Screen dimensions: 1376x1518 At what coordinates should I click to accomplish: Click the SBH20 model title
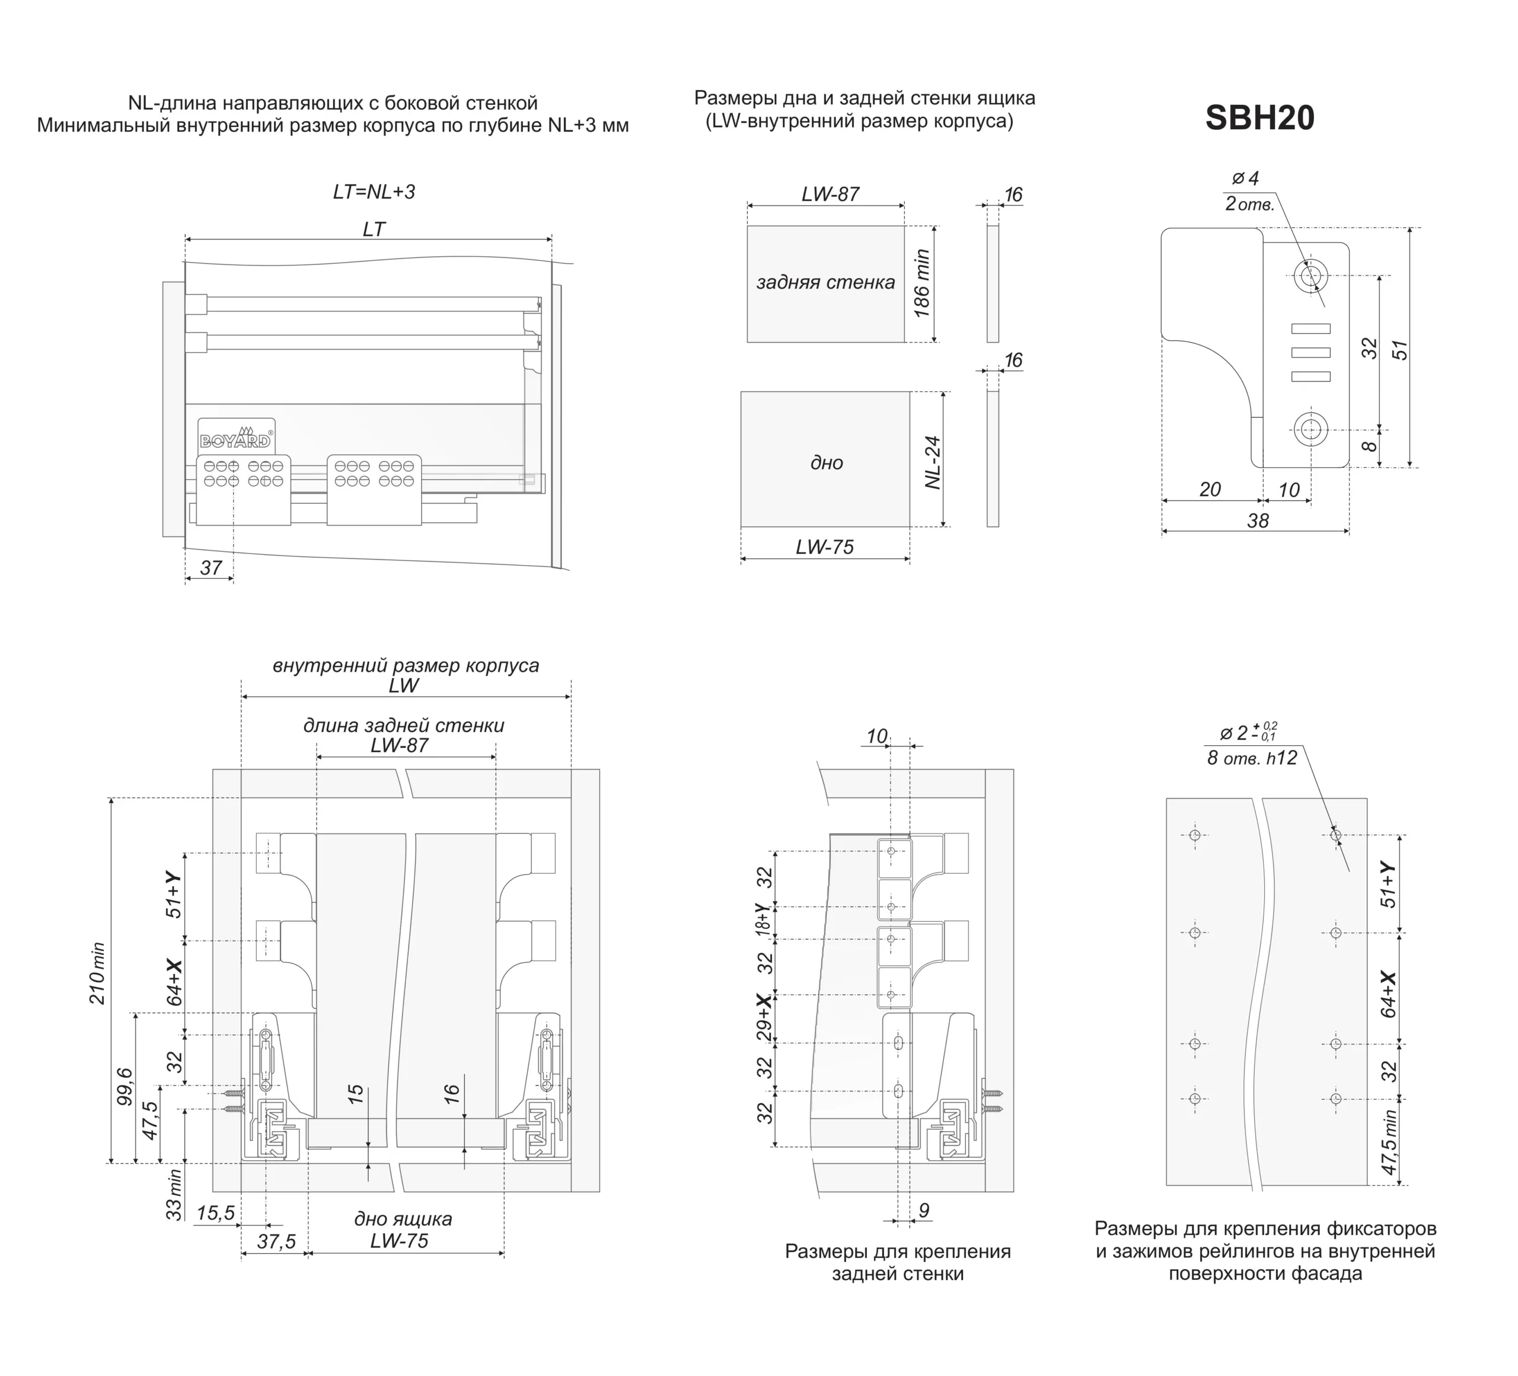1259,118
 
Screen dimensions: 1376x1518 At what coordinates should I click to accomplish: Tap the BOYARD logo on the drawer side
235,439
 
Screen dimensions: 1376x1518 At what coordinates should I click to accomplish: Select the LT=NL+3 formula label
374,192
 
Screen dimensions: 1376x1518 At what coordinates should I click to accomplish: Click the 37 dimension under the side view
211,567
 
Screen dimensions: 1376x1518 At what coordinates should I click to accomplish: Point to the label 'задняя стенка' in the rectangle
825,282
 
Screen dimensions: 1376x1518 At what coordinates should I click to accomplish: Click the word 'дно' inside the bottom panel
826,463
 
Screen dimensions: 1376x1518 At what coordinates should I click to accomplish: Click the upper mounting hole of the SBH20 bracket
1311,276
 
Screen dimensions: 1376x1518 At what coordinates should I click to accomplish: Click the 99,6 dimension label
125,1086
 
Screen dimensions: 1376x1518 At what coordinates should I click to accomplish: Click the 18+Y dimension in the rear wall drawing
765,921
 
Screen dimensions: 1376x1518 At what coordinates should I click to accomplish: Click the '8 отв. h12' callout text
1252,758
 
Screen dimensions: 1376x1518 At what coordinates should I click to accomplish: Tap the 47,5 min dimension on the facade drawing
1389,1141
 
